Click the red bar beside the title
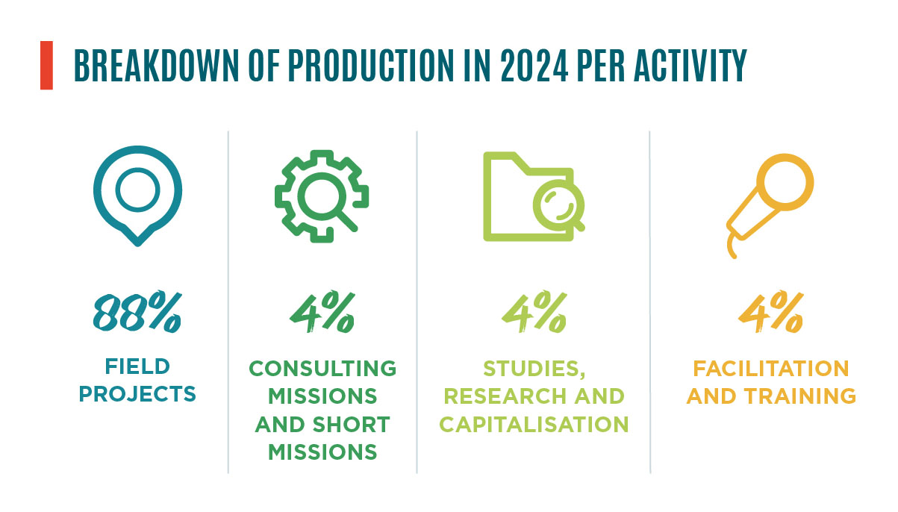(x=46, y=65)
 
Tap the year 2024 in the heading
(x=534, y=66)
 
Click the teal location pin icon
(x=137, y=160)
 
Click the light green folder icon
(x=493, y=201)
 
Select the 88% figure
(x=137, y=311)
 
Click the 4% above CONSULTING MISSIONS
(x=322, y=311)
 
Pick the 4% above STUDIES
(x=534, y=311)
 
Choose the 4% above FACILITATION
(x=771, y=311)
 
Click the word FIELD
(x=137, y=366)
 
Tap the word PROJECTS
(x=137, y=394)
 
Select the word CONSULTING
(x=322, y=369)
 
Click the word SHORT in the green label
(x=351, y=424)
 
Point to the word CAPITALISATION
(x=534, y=424)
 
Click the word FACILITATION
(x=771, y=369)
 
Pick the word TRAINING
(x=800, y=396)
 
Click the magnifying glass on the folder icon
(x=559, y=205)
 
